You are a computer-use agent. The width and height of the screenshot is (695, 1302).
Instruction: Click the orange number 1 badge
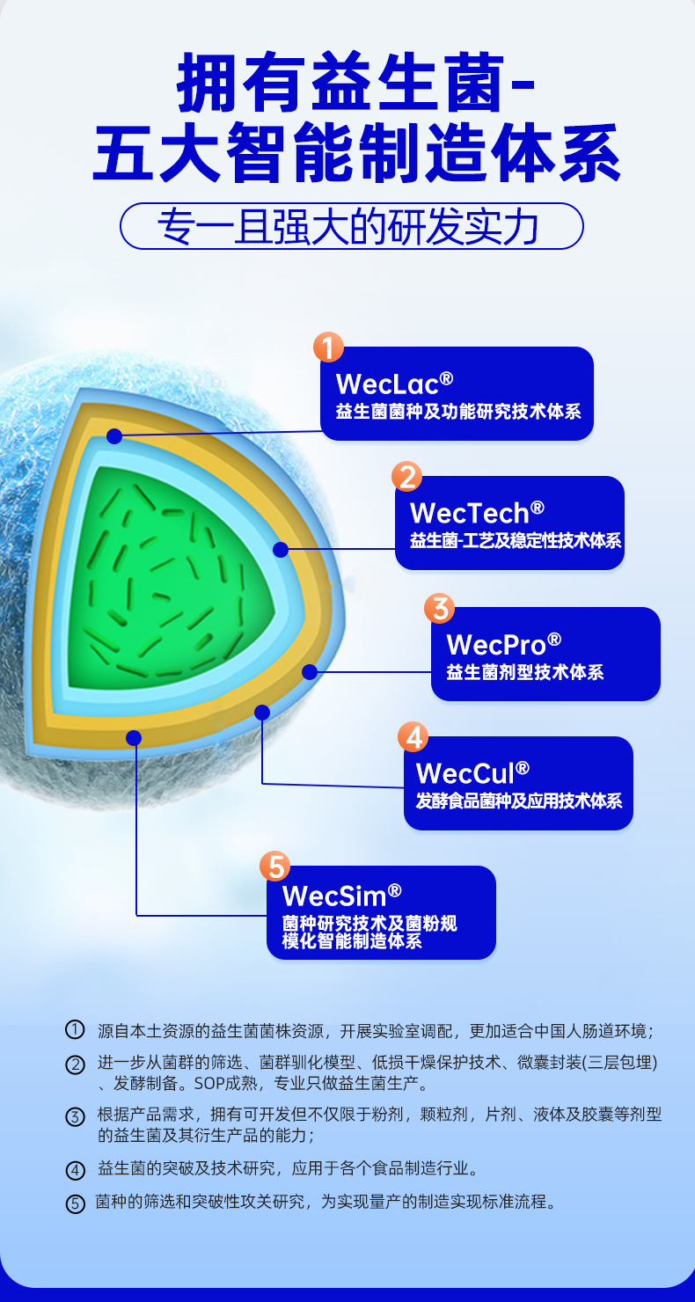click(328, 347)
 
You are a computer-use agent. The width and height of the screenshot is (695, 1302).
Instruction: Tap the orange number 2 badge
click(407, 477)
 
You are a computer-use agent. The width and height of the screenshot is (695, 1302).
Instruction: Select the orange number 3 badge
click(439, 608)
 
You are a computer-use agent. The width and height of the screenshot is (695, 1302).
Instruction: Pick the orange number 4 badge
click(413, 736)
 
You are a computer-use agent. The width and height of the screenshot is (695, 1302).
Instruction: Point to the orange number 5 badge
click(275, 867)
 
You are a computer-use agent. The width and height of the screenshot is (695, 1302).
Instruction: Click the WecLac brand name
click(394, 384)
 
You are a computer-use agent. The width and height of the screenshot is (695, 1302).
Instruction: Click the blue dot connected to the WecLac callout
click(114, 435)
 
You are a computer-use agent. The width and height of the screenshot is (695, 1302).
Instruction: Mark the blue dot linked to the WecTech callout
click(281, 550)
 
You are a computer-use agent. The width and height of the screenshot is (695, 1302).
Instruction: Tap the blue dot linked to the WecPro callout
click(309, 672)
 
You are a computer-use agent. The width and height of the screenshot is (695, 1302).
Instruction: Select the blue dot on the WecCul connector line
click(261, 712)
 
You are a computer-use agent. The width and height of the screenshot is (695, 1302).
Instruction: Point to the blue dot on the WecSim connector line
click(134, 737)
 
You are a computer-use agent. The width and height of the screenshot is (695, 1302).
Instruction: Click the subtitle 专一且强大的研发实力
click(351, 226)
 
